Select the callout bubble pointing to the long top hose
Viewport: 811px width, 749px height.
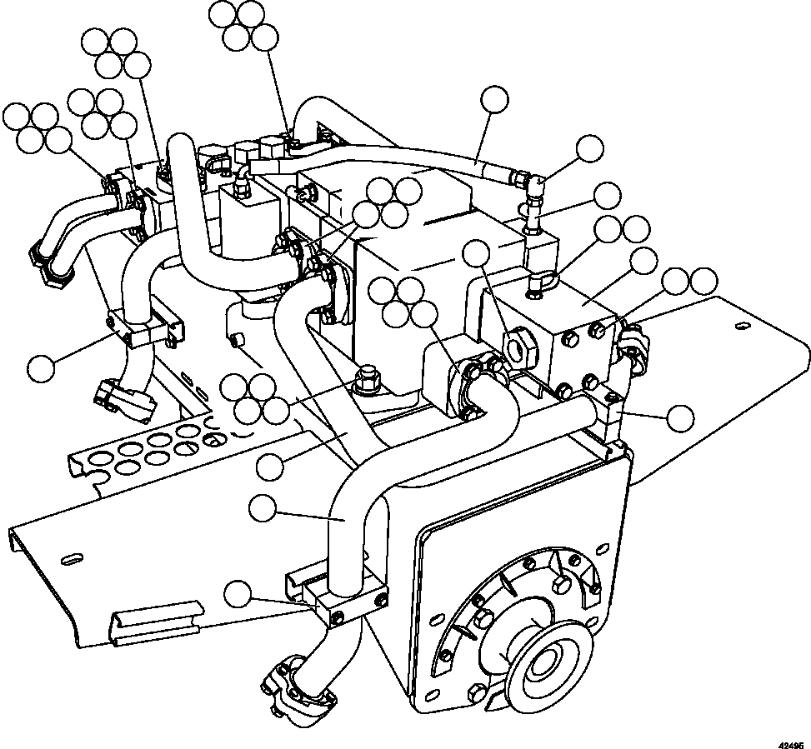pyautogui.click(x=495, y=98)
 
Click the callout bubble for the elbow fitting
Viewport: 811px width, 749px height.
pyautogui.click(x=590, y=149)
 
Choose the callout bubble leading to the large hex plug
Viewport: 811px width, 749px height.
pyautogui.click(x=476, y=252)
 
